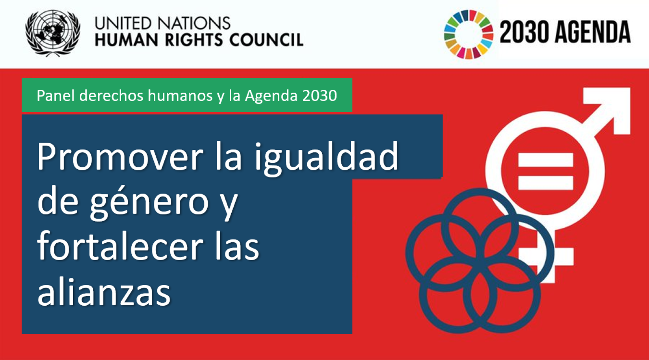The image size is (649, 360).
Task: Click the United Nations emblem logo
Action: pyautogui.click(x=53, y=33)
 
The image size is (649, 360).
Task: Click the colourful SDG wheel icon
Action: pyautogui.click(x=468, y=34)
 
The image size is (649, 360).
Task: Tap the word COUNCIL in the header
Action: pyautogui.click(x=266, y=40)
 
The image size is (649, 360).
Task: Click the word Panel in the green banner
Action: pyautogui.click(x=56, y=95)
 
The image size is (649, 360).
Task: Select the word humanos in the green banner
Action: pyautogui.click(x=180, y=95)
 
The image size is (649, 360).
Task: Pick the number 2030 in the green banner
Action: pyautogui.click(x=319, y=95)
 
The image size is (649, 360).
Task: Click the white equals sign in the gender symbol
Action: pyautogui.click(x=546, y=171)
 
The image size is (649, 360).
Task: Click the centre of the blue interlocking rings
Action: pyautogui.click(x=479, y=261)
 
